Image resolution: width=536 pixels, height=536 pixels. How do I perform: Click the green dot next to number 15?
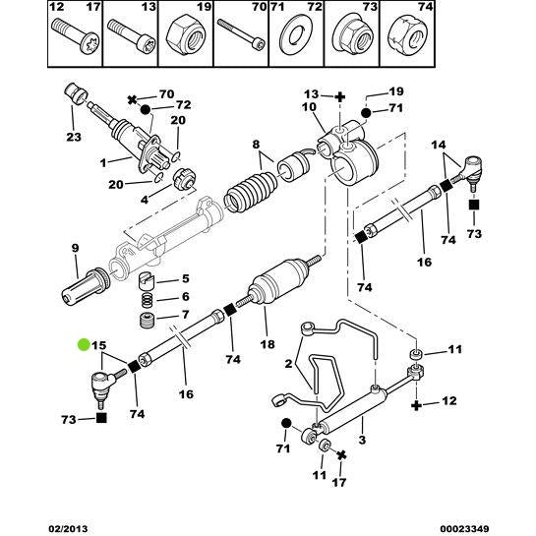(x=84, y=345)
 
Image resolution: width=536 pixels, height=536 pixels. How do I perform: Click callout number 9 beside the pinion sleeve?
(x=75, y=250)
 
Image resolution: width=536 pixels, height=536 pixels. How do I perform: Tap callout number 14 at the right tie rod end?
(x=439, y=145)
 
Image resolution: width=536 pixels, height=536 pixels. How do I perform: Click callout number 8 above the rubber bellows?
(x=258, y=143)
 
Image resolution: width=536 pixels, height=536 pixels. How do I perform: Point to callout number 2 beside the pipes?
(x=288, y=364)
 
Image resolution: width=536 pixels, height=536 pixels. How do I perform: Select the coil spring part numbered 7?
(x=146, y=322)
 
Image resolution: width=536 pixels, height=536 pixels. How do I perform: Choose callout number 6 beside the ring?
(x=184, y=296)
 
